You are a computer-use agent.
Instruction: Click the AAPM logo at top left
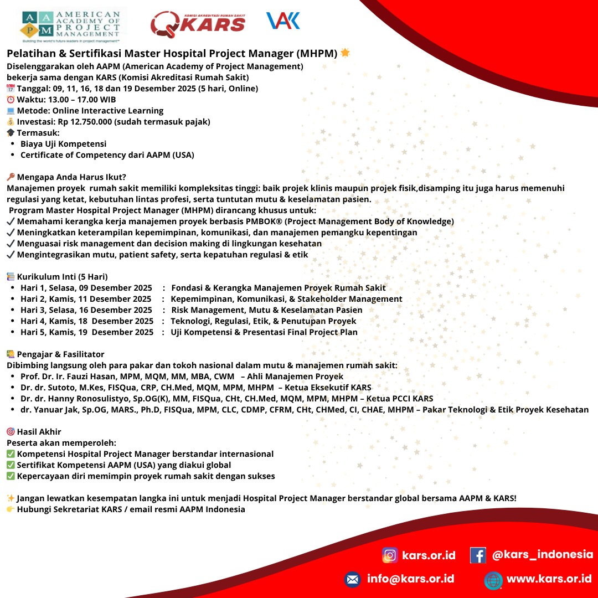click(71, 25)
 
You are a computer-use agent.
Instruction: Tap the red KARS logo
click(198, 23)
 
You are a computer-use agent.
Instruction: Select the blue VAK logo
click(283, 21)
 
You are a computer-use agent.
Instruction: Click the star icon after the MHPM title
click(345, 53)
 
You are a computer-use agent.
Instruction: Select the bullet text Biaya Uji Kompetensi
click(63, 144)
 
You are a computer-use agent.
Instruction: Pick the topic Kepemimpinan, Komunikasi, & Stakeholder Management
click(286, 299)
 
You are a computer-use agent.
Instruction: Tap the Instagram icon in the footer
click(390, 555)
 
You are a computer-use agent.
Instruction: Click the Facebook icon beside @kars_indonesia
click(478, 555)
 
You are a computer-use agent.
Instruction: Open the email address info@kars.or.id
click(410, 579)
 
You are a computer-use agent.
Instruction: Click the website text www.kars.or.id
click(549, 579)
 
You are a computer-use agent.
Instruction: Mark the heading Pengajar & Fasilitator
click(60, 354)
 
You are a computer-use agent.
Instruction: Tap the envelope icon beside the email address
click(352, 579)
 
